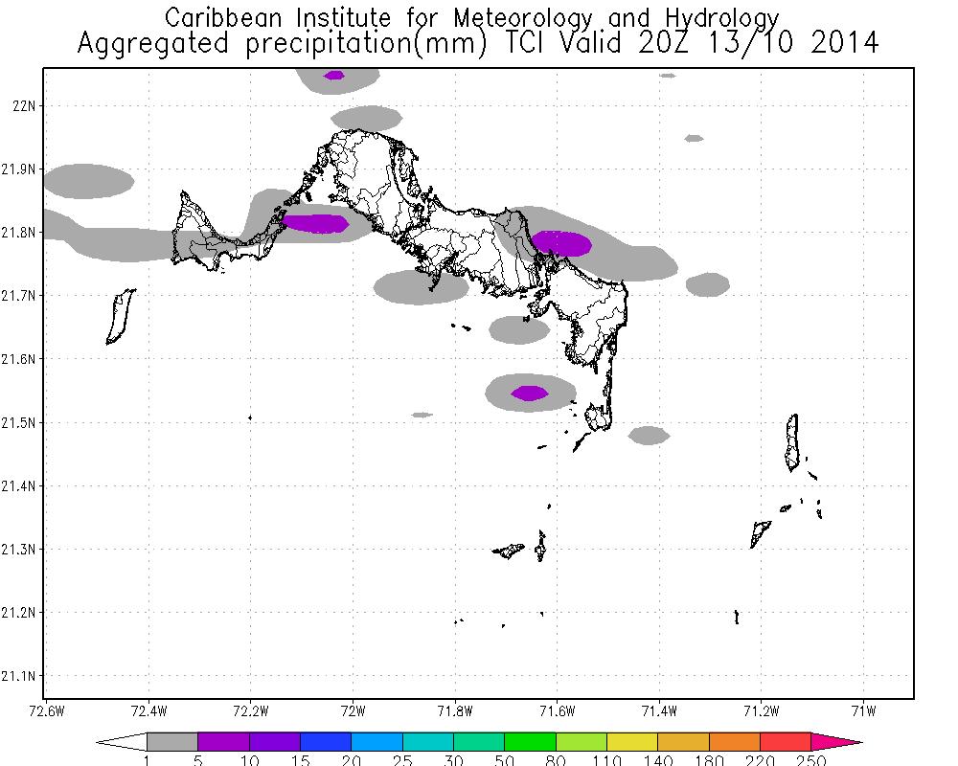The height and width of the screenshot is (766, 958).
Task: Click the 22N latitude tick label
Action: [x=24, y=105]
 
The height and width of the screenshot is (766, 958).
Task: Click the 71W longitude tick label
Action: [x=864, y=710]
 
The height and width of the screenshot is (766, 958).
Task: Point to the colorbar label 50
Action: [x=505, y=761]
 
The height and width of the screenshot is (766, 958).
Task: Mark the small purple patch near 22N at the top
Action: [x=333, y=75]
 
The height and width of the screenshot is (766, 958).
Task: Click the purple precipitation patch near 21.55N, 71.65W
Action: [x=530, y=393]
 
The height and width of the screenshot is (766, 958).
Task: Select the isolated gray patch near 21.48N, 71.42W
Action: [x=649, y=436]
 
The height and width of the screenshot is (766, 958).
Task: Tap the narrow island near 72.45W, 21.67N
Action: [x=120, y=316]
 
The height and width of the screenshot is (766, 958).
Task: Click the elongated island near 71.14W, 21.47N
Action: [x=792, y=442]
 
